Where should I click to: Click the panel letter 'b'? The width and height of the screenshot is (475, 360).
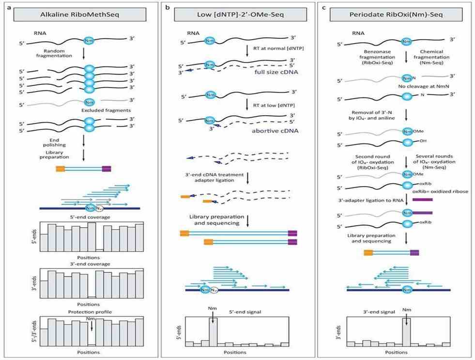[167, 7]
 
